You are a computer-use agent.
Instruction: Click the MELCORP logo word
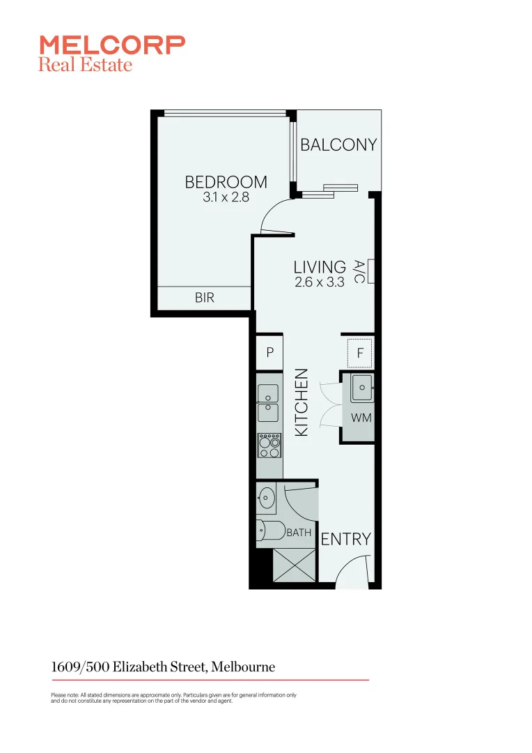[112, 45]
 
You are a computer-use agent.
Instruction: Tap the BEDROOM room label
[226, 182]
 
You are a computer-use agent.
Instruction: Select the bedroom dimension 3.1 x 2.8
[226, 197]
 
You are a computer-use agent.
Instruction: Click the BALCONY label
[338, 144]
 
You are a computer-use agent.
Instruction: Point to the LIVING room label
[320, 267]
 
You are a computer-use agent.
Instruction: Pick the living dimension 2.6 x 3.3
[320, 282]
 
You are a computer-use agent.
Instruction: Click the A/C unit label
[359, 271]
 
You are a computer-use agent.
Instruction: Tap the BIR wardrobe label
[204, 298]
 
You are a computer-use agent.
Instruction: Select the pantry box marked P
[269, 353]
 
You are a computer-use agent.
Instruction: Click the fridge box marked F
[360, 353]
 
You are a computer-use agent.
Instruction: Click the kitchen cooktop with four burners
[269, 444]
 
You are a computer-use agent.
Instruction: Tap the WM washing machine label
[360, 418]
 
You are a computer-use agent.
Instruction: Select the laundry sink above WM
[362, 388]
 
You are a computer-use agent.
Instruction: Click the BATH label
[299, 533]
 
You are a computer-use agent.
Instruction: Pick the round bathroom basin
[266, 498]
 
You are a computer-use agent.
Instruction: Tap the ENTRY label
[345, 539]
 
